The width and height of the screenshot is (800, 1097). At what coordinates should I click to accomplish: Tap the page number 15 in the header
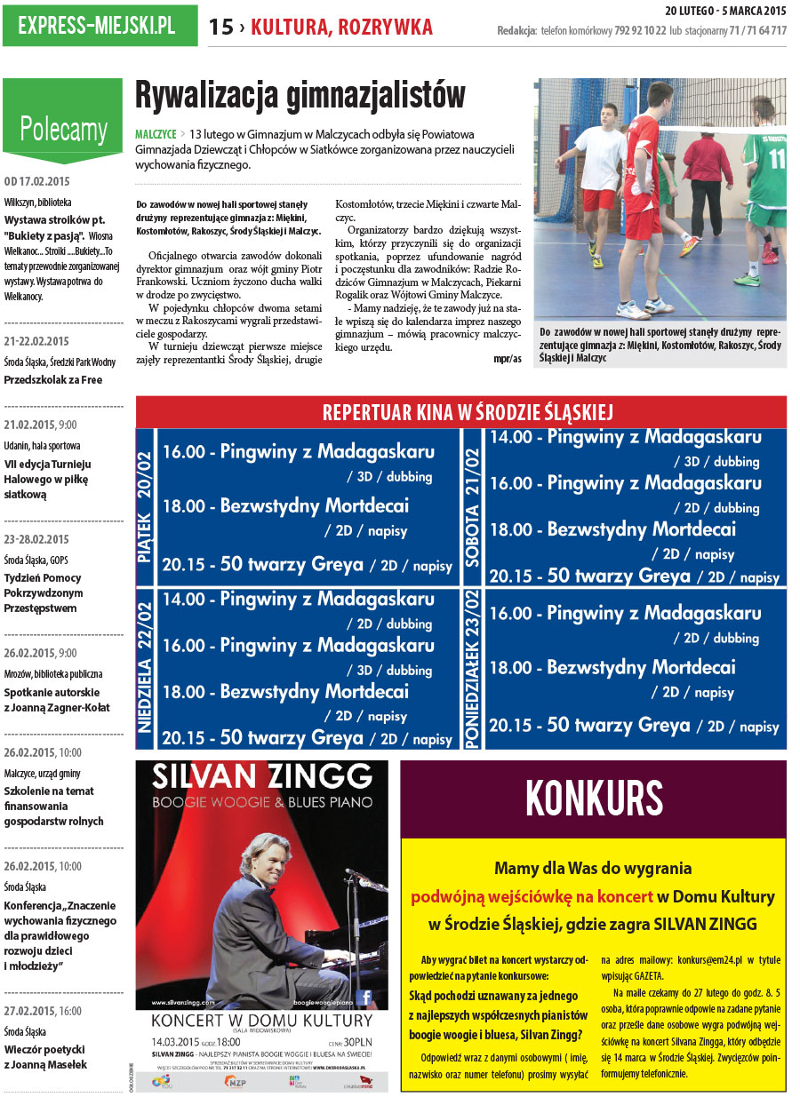(x=220, y=28)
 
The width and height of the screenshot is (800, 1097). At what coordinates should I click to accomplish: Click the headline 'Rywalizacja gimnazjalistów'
(x=300, y=95)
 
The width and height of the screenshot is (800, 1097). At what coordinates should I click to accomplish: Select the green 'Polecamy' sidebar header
(x=63, y=129)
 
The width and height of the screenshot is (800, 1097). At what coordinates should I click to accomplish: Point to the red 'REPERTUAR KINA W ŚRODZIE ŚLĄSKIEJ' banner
(x=460, y=412)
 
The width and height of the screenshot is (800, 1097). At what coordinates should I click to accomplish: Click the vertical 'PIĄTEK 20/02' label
(x=146, y=506)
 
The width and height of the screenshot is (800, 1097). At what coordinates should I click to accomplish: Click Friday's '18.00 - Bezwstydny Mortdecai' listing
(x=285, y=505)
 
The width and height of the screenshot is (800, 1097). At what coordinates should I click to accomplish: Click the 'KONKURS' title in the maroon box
(x=594, y=797)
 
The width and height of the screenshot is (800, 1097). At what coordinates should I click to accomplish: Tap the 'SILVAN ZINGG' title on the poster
(x=261, y=775)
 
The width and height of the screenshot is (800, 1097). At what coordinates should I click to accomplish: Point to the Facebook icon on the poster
(x=362, y=998)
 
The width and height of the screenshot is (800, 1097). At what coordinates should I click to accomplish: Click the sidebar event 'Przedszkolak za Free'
(x=52, y=380)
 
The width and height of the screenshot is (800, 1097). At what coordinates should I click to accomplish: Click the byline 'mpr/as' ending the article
(x=508, y=359)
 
